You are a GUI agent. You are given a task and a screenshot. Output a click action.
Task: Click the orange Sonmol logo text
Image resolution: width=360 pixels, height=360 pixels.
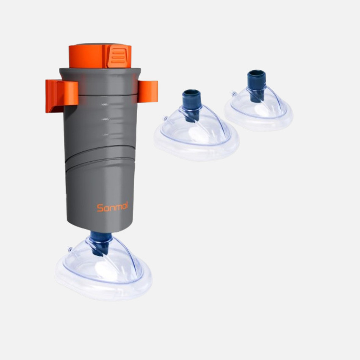(x=112, y=207)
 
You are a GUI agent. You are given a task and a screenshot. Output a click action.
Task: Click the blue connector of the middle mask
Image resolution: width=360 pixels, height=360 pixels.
(x=191, y=104)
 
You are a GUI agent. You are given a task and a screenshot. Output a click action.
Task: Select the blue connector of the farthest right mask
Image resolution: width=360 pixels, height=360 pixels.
(x=257, y=85)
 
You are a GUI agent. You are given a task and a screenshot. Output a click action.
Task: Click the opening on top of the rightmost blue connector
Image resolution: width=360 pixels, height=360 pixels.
(x=257, y=73)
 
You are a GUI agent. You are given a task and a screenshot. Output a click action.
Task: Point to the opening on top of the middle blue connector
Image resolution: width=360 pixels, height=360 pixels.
(x=191, y=93)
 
